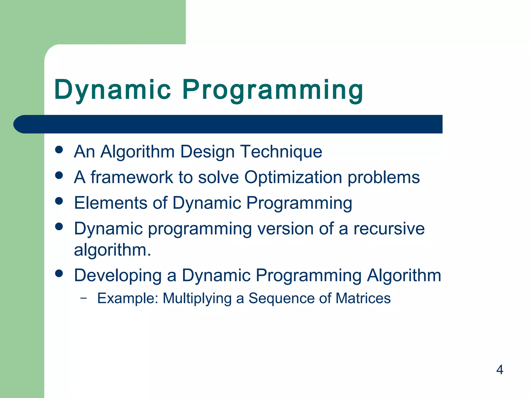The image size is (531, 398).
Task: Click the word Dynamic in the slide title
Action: point(113,90)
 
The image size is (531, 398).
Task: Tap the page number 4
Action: point(500,369)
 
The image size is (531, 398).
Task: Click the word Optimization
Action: point(293,177)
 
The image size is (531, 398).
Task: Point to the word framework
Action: point(131,177)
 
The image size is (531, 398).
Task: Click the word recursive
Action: point(389,229)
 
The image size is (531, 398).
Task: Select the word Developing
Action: point(118,275)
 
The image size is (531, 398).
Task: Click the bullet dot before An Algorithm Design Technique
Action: point(59,150)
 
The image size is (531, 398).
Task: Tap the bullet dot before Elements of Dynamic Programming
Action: point(59,201)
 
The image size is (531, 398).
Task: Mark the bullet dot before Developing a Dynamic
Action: point(59,273)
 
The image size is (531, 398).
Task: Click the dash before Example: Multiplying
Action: point(83,298)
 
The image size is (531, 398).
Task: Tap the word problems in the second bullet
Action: point(383,177)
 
